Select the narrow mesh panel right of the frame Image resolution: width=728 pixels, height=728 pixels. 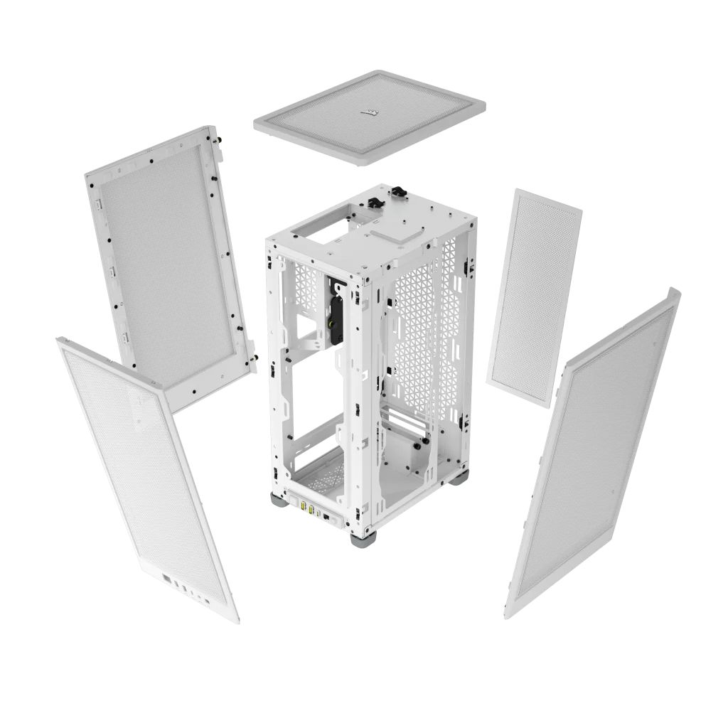pos(534,297)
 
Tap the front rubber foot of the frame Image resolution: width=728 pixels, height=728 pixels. pos(363,538)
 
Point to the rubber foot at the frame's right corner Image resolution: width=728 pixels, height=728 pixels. pos(459,477)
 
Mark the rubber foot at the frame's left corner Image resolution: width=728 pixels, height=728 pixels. pos(278,500)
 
